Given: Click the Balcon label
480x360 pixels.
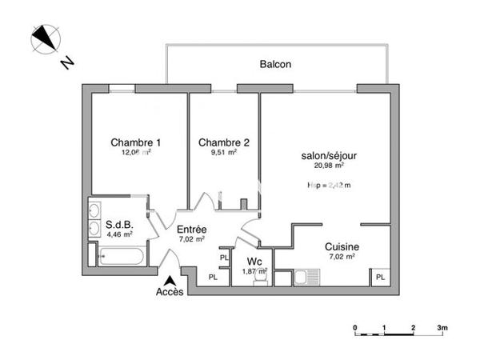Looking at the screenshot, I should pos(275,64).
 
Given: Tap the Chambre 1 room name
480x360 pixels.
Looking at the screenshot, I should pos(131,142).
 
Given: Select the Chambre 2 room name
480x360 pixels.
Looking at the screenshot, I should pos(223,142).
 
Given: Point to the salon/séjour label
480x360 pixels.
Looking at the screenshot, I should pos(329,155).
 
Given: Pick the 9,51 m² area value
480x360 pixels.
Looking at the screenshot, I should pos(223,152).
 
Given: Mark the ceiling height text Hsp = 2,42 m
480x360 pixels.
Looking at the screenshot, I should pos(329,185).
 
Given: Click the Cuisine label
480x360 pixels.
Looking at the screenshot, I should pos(341,248).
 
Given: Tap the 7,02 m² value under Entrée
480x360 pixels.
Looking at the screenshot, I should pos(191,238).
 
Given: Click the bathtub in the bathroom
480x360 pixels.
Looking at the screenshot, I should pos(121,257).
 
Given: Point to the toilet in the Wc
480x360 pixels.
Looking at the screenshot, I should pos(258,281).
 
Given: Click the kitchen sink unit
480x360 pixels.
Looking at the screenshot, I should pos(305,278).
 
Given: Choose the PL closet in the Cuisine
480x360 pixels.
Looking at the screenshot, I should pos(380,278).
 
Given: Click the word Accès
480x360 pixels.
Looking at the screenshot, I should pos(170,292).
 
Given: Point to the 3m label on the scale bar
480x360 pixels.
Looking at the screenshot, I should pos(442,328).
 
